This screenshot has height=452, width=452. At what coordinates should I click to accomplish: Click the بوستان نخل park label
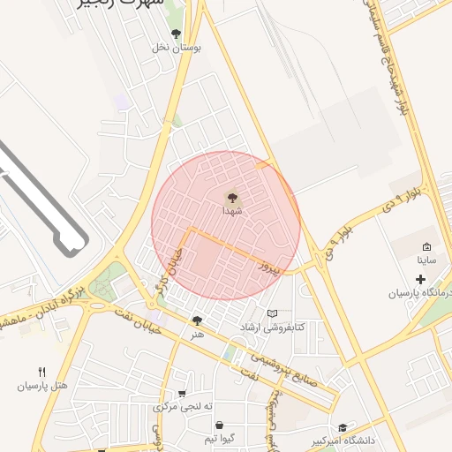[177, 48]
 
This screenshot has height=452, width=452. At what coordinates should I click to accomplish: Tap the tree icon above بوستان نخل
[177, 34]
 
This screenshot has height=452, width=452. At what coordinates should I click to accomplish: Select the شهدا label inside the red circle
[232, 212]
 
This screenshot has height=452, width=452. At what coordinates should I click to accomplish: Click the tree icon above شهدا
[232, 199]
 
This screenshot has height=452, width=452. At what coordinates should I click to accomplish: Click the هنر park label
[197, 335]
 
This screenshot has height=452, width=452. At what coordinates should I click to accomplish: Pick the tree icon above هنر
[197, 321]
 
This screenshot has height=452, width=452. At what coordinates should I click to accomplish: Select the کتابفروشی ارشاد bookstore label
[273, 328]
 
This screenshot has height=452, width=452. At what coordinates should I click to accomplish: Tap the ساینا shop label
[427, 260]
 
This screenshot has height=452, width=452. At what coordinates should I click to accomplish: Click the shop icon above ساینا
[427, 247]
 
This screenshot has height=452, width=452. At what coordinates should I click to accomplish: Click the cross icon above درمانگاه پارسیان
[420, 280]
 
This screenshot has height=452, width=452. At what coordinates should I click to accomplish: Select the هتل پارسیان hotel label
[42, 386]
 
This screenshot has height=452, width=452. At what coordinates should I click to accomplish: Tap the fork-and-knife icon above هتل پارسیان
[41, 372]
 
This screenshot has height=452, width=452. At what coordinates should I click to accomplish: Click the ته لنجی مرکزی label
[184, 407]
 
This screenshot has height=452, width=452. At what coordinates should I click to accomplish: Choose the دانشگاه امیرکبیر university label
[343, 440]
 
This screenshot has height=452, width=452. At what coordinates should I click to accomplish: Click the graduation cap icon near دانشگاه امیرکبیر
[343, 427]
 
